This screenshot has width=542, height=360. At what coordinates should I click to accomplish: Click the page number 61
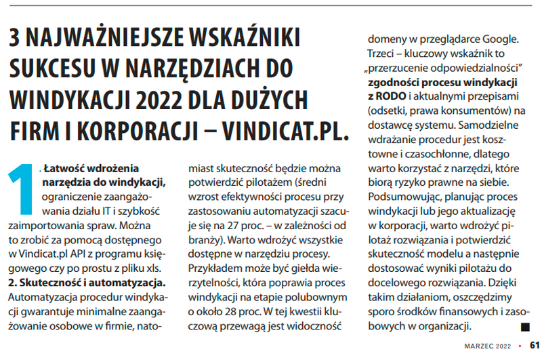tap(534, 346)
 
